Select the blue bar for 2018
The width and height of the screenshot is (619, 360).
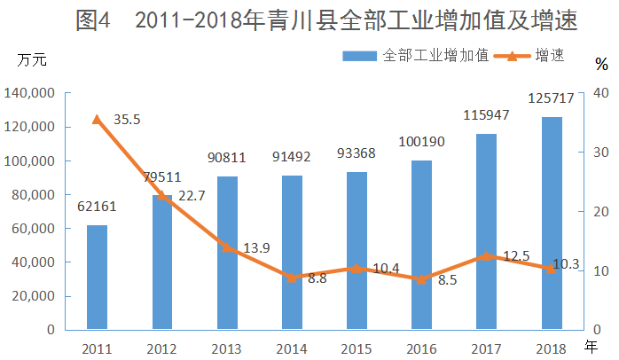click(552, 223)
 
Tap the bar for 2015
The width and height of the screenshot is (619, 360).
click(357, 251)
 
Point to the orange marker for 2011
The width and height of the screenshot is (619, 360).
click(97, 119)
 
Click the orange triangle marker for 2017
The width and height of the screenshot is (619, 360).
click(486, 255)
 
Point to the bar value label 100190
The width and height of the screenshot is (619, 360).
click(421, 142)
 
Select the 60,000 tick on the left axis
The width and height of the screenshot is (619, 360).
click(34, 229)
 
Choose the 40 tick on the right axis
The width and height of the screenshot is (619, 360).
click(599, 93)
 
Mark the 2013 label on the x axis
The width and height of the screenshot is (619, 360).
click(227, 347)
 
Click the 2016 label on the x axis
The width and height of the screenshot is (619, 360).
click(421, 347)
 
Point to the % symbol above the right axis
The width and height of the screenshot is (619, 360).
click(602, 64)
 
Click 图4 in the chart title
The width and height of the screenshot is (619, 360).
click(93, 21)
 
